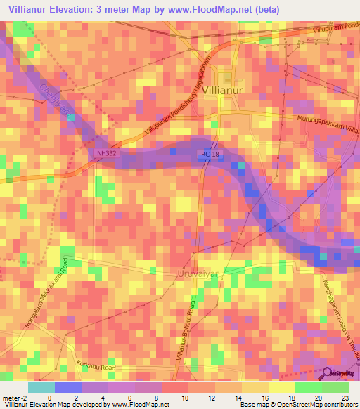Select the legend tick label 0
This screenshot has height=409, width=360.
[x=50, y=397]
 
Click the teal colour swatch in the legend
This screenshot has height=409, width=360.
[x=41, y=387]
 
